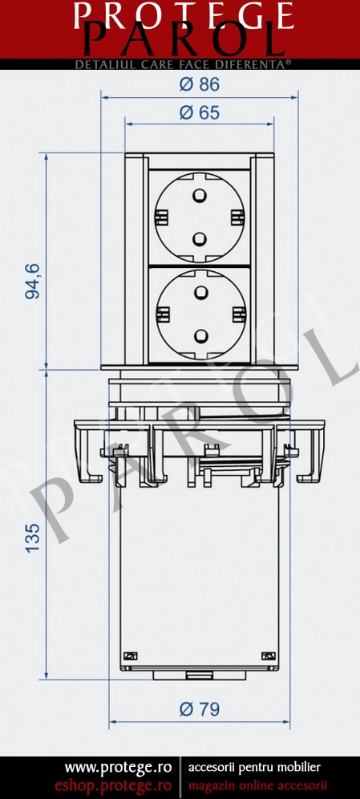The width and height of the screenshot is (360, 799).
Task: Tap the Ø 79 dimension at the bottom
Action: [199, 709]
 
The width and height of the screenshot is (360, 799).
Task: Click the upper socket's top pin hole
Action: [199, 195]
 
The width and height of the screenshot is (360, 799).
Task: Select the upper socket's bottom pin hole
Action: [199, 237]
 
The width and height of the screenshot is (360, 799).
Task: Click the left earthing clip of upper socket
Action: [161, 217]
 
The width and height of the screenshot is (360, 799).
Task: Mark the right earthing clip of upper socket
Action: [237, 217]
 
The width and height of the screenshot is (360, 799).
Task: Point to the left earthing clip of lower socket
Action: [161, 314]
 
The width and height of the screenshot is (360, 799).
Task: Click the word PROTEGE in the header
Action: [184, 14]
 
